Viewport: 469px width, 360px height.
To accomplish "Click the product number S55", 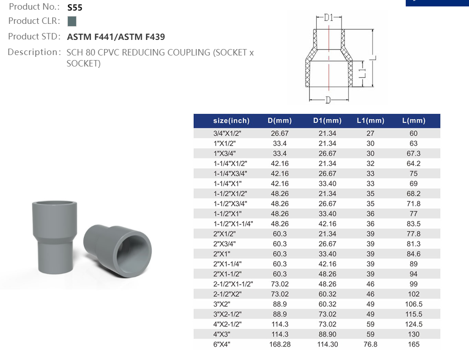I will pos(75,7).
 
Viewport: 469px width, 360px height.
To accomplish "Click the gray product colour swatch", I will pos(72,21).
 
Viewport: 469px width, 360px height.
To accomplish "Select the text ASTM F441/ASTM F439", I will pos(116,37).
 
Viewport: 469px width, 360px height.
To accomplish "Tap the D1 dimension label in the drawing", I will pos(328,17).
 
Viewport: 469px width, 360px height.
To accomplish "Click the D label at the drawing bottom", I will pos(328,100).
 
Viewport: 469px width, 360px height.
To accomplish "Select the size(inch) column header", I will pos(232,121).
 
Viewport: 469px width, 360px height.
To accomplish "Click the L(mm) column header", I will pos(414,121).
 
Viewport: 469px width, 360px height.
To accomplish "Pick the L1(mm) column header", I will pos(370,121).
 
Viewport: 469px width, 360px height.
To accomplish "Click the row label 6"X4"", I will pos(221,344).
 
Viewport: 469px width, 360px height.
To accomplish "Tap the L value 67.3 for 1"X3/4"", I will pos(414,153).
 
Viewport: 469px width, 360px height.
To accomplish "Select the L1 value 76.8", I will pos(370,344).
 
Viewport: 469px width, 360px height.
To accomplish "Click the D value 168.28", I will pos(280,344).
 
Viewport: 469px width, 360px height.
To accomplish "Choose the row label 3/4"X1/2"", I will pos(227,133).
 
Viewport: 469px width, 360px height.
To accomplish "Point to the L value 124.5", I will pos(414,324).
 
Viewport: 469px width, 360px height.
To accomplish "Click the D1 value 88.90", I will pos(327,334).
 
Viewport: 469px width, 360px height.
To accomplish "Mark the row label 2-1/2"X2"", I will pos(227,294).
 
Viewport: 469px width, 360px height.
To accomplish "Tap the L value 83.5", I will pos(414,224).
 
